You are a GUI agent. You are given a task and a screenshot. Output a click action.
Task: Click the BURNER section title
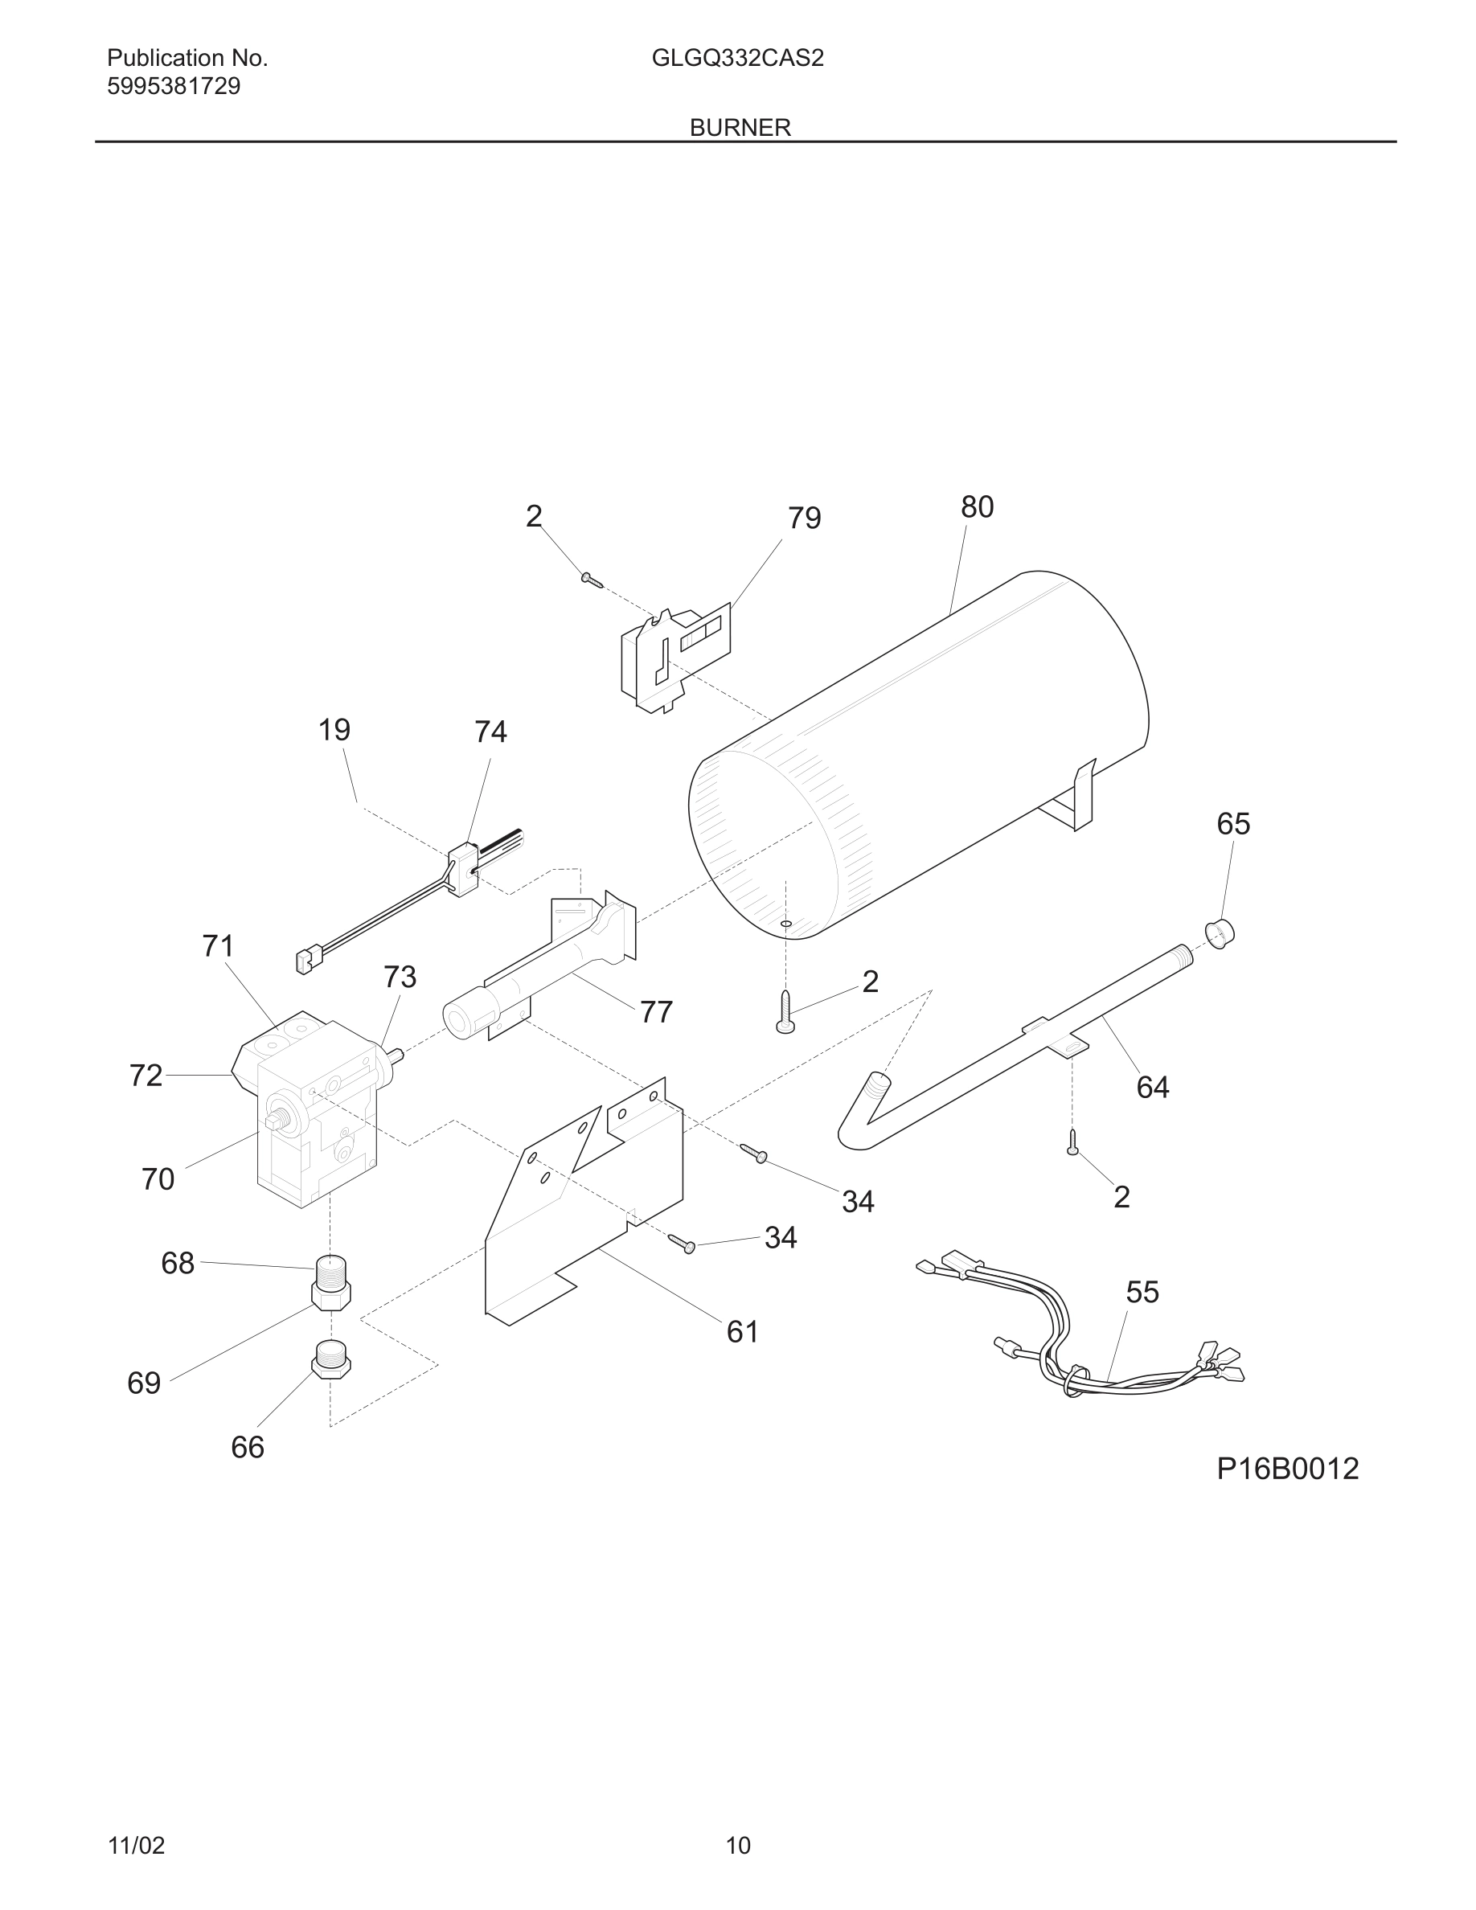740,128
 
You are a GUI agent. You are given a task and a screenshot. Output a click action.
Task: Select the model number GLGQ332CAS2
737,59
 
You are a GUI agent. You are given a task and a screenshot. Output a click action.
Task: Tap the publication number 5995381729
173,87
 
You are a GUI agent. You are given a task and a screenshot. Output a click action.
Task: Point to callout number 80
977,507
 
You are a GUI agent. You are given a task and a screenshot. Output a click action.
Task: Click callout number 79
804,518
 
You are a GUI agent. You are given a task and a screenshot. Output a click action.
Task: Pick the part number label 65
1233,824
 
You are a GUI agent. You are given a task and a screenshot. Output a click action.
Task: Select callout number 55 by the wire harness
1142,1292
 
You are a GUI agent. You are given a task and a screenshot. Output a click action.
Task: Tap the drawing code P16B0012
1287,1469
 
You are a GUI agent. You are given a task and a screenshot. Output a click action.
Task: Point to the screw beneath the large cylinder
785,1012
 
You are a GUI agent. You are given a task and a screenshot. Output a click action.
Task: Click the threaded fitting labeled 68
330,1282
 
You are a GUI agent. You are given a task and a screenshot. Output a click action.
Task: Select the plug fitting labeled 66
330,1359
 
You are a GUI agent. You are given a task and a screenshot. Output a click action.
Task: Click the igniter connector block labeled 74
463,867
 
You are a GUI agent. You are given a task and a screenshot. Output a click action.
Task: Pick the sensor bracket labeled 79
674,658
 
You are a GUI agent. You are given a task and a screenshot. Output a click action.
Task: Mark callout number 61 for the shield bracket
742,1332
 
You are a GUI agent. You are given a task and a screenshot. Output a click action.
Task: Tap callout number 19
334,729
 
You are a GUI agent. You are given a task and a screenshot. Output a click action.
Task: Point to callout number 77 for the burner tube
656,1012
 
